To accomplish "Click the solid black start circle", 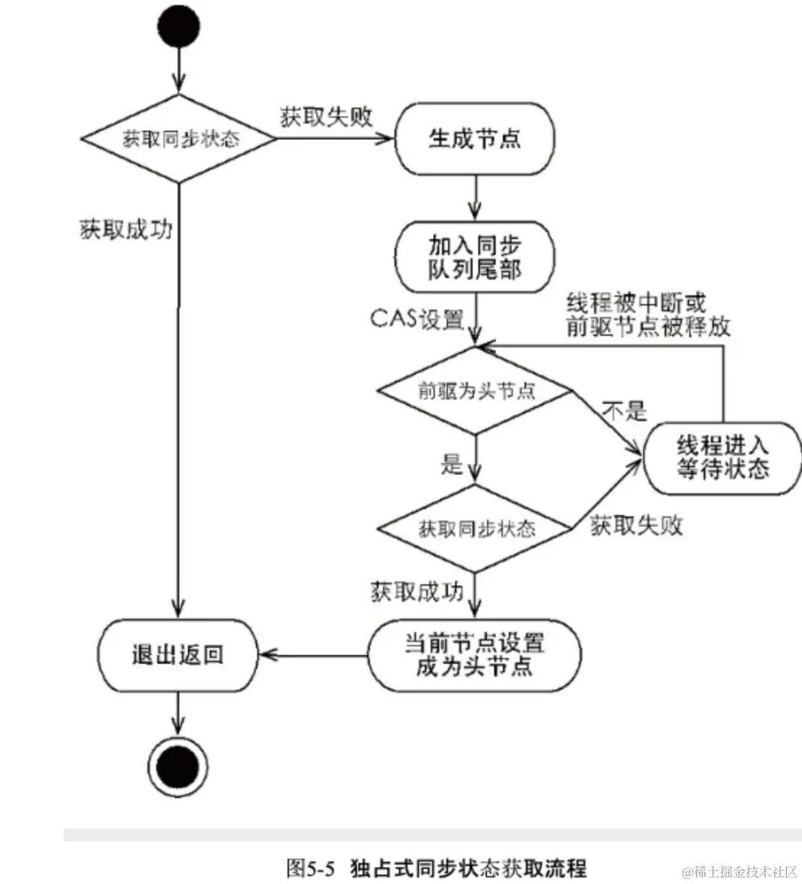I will (178, 27).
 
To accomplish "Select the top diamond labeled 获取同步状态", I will (178, 139).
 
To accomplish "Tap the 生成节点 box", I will (475, 139).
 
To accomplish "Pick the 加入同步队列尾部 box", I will (475, 257).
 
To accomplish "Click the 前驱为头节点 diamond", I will (476, 391).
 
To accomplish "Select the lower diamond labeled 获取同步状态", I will (476, 529).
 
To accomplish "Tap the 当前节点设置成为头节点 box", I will (475, 654).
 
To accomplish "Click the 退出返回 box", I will (178, 654).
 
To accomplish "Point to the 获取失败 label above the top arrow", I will (326, 117).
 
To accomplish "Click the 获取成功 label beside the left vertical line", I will (126, 230).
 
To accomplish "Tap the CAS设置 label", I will (417, 318).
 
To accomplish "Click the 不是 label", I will (624, 412).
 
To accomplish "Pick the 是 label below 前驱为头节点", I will (452, 464).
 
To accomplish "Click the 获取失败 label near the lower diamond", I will (637, 525).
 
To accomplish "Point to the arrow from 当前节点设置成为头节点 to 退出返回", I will (314, 656).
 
